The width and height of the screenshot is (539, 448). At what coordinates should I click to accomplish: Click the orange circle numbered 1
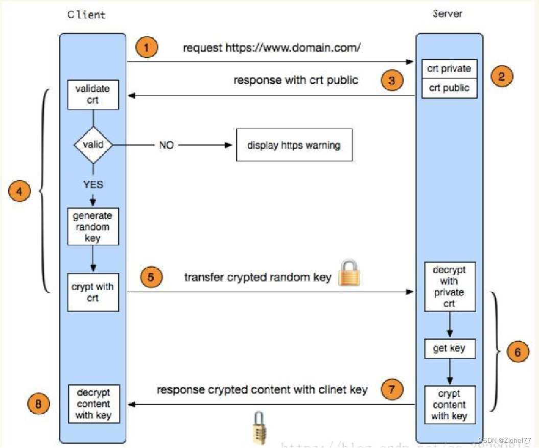(x=147, y=49)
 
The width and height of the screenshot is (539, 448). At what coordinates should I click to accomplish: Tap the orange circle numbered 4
(x=20, y=192)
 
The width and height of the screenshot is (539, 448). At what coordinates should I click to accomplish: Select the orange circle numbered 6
(x=518, y=352)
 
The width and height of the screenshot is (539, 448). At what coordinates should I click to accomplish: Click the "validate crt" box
(x=93, y=94)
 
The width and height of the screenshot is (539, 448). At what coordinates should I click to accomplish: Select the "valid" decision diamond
(x=93, y=145)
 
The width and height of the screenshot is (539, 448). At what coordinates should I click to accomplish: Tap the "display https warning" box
(x=294, y=145)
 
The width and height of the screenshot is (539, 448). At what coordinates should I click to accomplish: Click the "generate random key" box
(x=93, y=226)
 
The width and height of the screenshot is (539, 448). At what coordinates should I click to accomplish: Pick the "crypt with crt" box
(x=93, y=292)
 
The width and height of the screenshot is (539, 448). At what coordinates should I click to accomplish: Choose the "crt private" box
(x=449, y=69)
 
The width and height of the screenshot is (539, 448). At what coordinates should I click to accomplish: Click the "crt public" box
(x=449, y=88)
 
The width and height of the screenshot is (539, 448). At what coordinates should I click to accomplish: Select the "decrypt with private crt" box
(x=449, y=287)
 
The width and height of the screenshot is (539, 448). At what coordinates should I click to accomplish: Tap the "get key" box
(x=449, y=348)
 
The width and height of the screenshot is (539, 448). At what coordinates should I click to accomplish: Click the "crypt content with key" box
(x=449, y=405)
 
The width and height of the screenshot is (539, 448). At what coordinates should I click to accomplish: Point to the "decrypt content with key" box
(x=93, y=404)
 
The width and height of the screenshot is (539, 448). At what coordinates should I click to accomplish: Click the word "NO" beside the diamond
(x=166, y=145)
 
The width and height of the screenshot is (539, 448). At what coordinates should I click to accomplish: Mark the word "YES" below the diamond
(x=93, y=184)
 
